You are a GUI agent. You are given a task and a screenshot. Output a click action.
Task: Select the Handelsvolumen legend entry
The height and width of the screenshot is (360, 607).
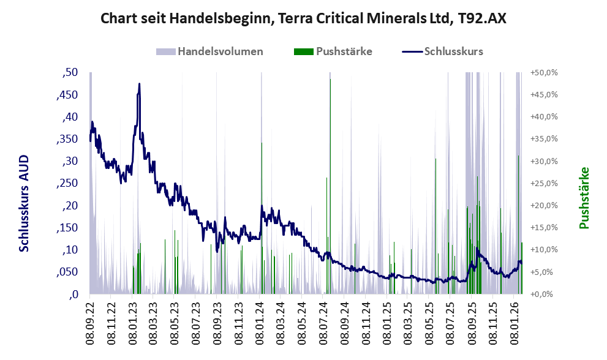point(220,51)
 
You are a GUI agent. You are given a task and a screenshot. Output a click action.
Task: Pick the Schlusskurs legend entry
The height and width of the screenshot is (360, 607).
point(453,51)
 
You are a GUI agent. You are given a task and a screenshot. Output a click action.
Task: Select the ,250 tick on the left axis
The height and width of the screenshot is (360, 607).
point(67,183)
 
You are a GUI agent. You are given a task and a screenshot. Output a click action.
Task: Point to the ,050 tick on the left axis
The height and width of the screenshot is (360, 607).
point(67,272)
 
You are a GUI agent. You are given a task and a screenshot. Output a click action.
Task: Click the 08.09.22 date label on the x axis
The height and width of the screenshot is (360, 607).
point(89,320)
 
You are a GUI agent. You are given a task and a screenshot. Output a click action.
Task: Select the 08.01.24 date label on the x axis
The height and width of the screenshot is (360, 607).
point(260,320)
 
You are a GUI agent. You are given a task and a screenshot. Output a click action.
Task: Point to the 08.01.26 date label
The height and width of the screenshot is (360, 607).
point(515,320)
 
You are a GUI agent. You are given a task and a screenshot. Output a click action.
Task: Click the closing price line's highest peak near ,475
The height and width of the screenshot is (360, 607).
point(140,84)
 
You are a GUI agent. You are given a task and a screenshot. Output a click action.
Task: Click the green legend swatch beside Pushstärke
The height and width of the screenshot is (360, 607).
point(303,51)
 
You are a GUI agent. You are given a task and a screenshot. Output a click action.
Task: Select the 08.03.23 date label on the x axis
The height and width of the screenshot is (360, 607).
point(153,320)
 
